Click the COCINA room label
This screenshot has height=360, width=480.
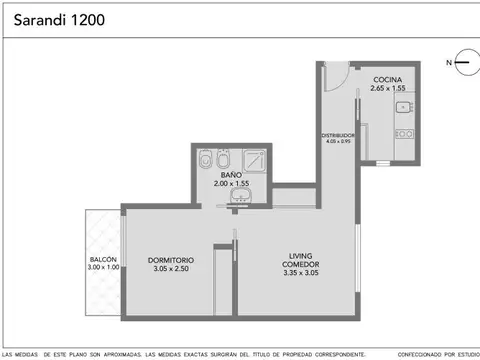click(388, 79)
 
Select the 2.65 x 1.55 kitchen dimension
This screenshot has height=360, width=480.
click(388, 89)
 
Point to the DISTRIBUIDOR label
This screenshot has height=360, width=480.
click(338, 135)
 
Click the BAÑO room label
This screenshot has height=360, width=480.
click(230, 174)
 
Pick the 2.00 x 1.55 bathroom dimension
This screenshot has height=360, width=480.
click(230, 184)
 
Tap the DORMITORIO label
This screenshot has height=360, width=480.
click(163, 260)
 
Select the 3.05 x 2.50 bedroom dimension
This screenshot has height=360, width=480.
click(163, 270)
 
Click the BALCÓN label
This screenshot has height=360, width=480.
click(103, 259)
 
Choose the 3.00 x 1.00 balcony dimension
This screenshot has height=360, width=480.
click(103, 268)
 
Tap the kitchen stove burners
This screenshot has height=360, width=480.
click(403, 134)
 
